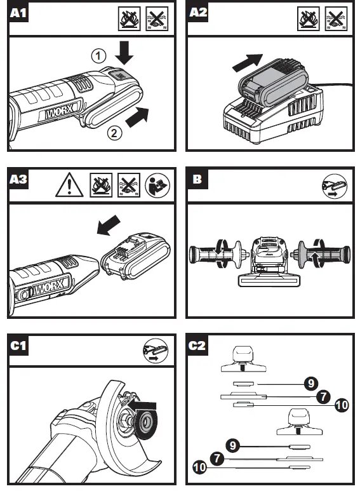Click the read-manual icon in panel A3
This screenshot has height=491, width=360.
tap(157, 185)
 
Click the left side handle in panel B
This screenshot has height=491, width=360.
tap(216, 255)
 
